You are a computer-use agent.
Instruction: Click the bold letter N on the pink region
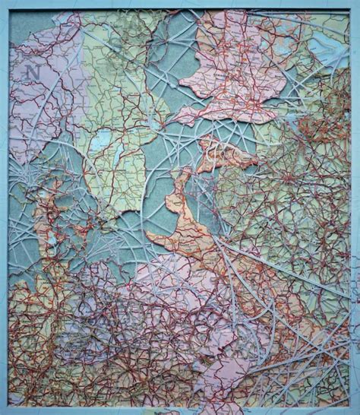32,72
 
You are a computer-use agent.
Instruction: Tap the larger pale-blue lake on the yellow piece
101,141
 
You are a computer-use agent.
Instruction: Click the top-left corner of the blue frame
3,3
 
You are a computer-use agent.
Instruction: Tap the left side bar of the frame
4,213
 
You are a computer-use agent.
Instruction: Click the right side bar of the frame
355,213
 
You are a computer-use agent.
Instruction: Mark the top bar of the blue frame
180,4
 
